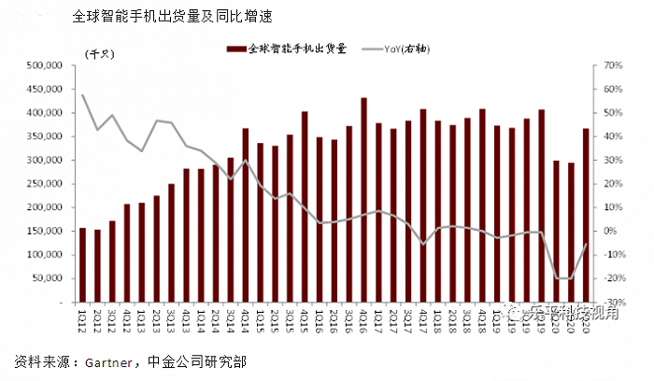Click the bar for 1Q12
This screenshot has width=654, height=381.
pyautogui.click(x=82, y=265)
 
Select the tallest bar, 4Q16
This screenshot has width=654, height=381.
pyautogui.click(x=363, y=200)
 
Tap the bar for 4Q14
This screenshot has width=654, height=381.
pyautogui.click(x=245, y=216)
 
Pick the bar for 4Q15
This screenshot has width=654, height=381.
pyautogui.click(x=305, y=207)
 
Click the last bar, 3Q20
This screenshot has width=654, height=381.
pyautogui.click(x=586, y=216)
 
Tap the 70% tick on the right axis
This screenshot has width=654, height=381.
pyautogui.click(x=613, y=65)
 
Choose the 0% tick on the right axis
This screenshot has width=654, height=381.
pyautogui.click(x=613, y=232)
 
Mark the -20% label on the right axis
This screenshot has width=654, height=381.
pyautogui.click(x=613, y=278)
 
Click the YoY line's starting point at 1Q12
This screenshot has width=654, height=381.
pyautogui.click(x=82, y=94)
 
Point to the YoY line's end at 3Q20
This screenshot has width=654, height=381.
pyautogui.click(x=586, y=245)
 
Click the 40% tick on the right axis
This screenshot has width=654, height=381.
pyautogui.click(x=613, y=136)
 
